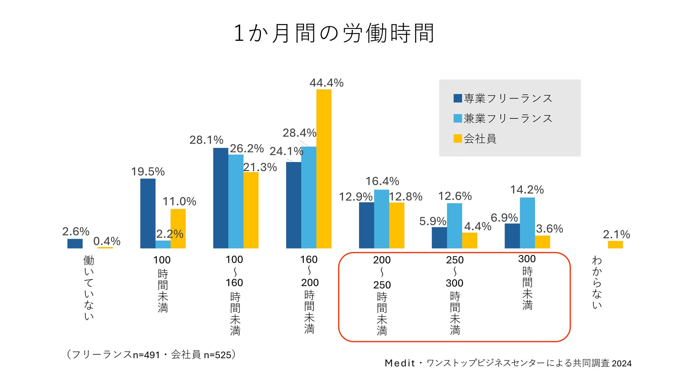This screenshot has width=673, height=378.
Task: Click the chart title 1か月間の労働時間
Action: pos(333,33)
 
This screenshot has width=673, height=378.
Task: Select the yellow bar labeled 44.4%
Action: pos(324,169)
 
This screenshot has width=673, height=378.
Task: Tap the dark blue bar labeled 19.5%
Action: pos(148,213)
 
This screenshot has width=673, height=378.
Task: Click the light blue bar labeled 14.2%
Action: pos(527,223)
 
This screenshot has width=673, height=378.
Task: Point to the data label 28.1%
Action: pos(206,140)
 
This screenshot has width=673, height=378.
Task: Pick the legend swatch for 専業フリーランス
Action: pos(458,98)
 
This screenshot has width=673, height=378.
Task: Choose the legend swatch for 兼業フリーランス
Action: pos(458,118)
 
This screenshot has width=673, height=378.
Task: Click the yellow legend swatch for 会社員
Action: pos(458,139)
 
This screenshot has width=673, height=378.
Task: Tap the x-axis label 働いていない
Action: pos(89,288)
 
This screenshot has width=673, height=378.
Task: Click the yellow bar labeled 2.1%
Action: pos(615,245)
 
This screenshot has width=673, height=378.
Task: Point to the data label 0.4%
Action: pos(107,241)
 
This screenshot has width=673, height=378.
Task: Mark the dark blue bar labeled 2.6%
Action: pos(75,244)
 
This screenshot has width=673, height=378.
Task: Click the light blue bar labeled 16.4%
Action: pos(381,219)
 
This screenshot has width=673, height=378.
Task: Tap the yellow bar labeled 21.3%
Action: pos(251,210)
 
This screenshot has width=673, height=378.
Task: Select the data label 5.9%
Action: pos(432,221)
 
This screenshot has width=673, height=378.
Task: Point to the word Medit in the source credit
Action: pos(400,363)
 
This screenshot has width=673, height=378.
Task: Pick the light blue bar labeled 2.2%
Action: pos(163,244)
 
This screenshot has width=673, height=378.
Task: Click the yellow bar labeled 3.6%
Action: pos(542,242)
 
